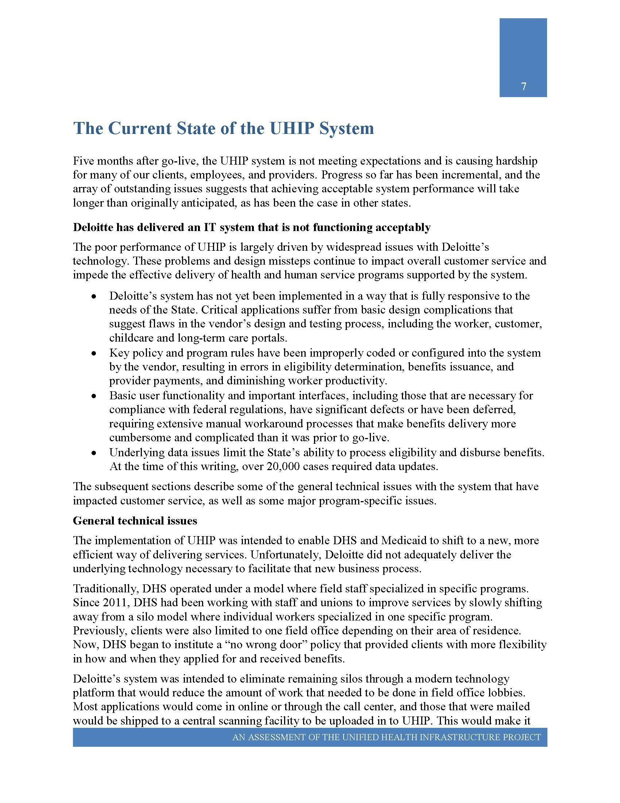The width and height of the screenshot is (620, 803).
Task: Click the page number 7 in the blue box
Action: (523, 87)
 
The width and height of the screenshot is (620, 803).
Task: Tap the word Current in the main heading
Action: (140, 128)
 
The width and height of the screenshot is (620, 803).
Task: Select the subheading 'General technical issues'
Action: (135, 520)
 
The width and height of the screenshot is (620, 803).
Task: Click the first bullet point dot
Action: (94, 296)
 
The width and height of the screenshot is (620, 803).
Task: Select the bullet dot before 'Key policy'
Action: (94, 353)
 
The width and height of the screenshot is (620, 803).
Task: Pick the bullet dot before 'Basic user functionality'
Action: (94, 396)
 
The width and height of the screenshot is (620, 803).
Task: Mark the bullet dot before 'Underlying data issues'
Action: (94, 453)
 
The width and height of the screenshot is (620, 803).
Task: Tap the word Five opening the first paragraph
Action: (83, 161)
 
